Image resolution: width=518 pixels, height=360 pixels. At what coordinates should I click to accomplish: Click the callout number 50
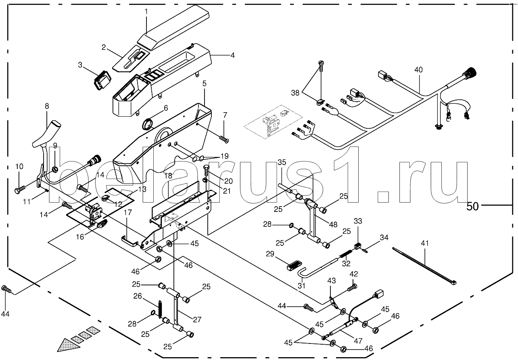coord(472,206)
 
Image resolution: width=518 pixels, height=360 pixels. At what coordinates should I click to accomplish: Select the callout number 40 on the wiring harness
coord(418,70)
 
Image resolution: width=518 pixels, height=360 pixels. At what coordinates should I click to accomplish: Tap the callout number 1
coord(147,11)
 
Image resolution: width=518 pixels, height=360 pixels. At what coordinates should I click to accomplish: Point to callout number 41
coord(425,243)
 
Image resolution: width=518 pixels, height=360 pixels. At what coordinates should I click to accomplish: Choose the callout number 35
coord(282,163)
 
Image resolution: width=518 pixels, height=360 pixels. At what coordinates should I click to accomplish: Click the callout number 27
coord(197,320)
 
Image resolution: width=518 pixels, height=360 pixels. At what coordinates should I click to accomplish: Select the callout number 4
coord(232,55)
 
